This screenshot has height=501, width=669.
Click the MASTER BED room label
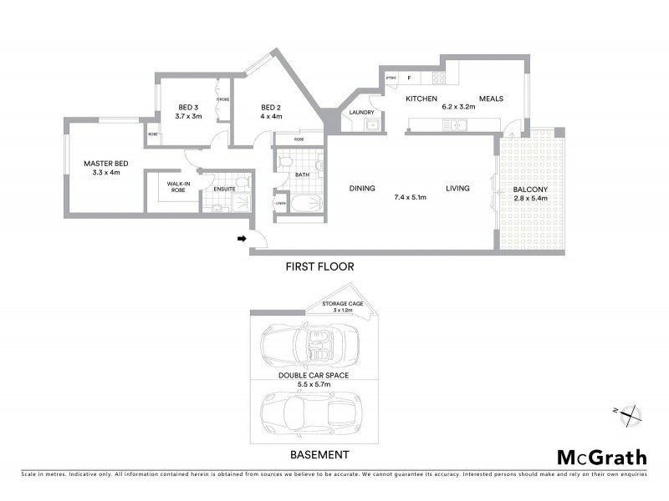click(105, 164)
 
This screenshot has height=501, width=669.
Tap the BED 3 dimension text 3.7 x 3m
click(188, 116)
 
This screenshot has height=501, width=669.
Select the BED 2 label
click(270, 107)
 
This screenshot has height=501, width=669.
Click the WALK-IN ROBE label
click(176, 186)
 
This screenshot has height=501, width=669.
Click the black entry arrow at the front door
click(242, 239)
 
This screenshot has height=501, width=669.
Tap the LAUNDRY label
click(361, 112)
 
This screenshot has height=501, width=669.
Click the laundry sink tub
click(373, 126)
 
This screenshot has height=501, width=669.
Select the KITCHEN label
click(422, 99)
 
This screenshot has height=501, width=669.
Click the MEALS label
click(491, 99)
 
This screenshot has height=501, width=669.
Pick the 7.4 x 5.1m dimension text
click(411, 198)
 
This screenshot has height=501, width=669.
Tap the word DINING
click(362, 188)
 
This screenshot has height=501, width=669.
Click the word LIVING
click(457, 188)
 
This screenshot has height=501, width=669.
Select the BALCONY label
click(530, 190)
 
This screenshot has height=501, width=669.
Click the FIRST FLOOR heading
click(320, 266)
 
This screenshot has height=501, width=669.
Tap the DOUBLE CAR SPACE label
click(314, 376)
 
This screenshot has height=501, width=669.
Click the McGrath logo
click(601, 457)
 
